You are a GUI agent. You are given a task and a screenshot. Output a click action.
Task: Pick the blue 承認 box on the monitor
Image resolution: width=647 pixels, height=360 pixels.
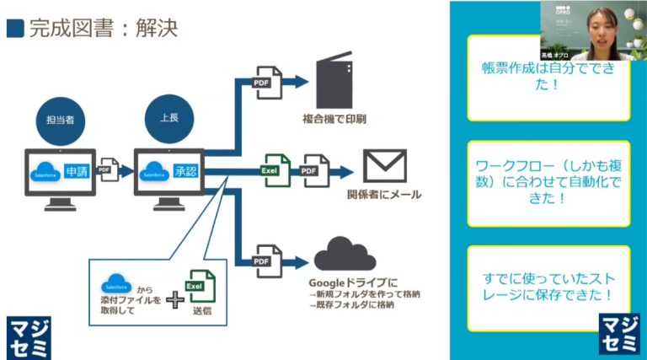[184, 169]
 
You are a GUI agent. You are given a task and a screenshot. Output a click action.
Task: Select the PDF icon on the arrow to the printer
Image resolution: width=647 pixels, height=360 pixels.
[269, 80]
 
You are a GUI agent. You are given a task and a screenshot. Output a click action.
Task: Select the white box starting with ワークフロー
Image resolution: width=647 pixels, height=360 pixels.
[548, 182]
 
